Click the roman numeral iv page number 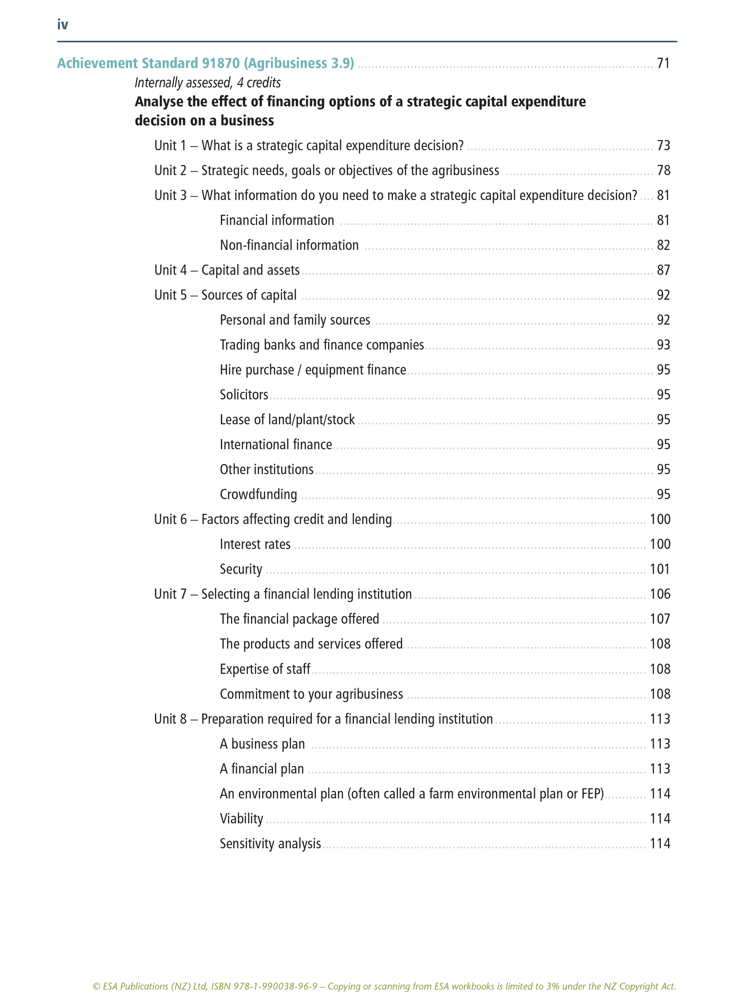tap(62, 24)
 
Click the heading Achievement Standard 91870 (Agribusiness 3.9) tap(205, 63)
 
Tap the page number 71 tap(663, 63)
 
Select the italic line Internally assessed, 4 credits tap(208, 82)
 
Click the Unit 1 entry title tap(309, 146)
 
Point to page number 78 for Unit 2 tap(663, 171)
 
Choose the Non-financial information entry tap(289, 245)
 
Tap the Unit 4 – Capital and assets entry tap(227, 270)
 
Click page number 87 tap(663, 270)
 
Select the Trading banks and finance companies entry tap(322, 345)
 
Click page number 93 tap(663, 345)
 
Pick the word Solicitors tap(244, 395)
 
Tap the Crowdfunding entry tap(259, 494)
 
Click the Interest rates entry tap(255, 544)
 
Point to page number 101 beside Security tap(660, 569)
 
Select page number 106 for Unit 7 tap(660, 594)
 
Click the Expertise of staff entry tap(265, 669)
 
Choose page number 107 tap(660, 619)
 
